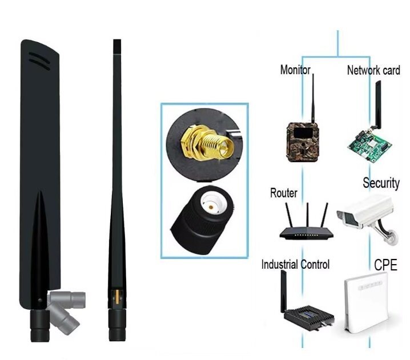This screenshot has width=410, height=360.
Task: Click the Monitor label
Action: pos(295,70)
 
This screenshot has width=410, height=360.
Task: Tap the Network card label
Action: pos(373,71)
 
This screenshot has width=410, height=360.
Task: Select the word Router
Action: pos(283,193)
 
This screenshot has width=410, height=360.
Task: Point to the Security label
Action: pos(381,183)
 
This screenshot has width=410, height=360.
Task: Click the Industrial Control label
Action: pos(295,265)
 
